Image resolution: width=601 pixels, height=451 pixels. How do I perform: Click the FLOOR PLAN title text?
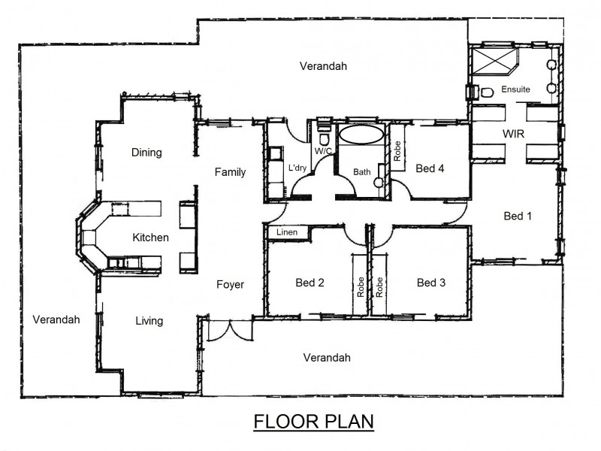(x=313, y=421)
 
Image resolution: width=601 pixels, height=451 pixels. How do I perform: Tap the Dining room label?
(x=146, y=153)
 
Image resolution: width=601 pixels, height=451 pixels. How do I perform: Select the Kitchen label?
(x=151, y=238)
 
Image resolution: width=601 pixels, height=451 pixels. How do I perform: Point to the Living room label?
(x=149, y=321)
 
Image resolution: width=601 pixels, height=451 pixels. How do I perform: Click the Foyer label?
(x=230, y=284)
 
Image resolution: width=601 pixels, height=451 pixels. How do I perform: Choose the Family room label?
(x=230, y=172)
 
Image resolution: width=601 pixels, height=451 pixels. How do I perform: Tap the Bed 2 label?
(x=310, y=283)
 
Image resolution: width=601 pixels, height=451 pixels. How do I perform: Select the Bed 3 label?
(x=431, y=283)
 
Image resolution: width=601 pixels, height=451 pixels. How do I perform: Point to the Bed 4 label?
(x=430, y=168)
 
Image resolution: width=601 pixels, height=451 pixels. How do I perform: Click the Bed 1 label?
(x=518, y=216)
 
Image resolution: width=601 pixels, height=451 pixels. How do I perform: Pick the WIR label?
(x=513, y=133)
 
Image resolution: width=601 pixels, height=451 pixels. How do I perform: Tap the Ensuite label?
(x=515, y=89)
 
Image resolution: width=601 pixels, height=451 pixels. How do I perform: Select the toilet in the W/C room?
(x=325, y=140)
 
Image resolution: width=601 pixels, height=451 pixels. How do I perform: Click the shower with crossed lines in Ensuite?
(x=491, y=61)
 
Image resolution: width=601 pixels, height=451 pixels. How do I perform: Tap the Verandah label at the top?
(x=323, y=66)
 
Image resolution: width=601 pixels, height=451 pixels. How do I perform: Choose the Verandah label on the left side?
(x=56, y=319)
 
